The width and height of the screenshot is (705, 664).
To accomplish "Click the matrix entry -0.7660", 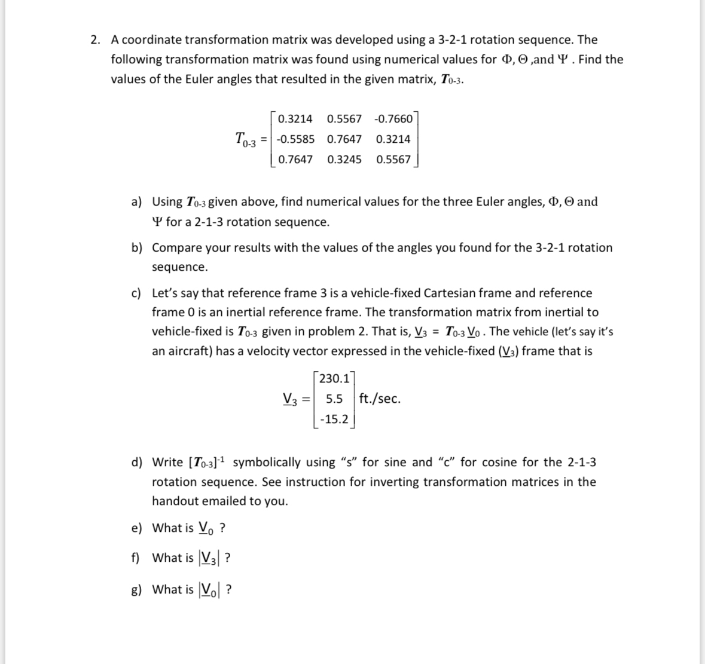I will pos(393,118).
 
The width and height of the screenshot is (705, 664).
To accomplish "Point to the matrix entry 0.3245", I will pos(344,160).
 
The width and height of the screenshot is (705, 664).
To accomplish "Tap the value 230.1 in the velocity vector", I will pos(335,378).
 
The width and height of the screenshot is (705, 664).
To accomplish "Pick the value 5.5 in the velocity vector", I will pos(335,399).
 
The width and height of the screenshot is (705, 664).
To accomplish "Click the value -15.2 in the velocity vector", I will pos(334,419).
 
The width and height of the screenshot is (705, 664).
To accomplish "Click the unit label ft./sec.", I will pos(380,399).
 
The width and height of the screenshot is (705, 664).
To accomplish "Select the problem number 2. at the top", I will pos(96,40).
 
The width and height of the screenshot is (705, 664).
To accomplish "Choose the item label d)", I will pos(137,463).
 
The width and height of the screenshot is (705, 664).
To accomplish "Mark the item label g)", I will pos(137,590).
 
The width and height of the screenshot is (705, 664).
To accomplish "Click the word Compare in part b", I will pos(176,247).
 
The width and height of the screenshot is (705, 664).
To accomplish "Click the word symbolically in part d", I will pos(267,462).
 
